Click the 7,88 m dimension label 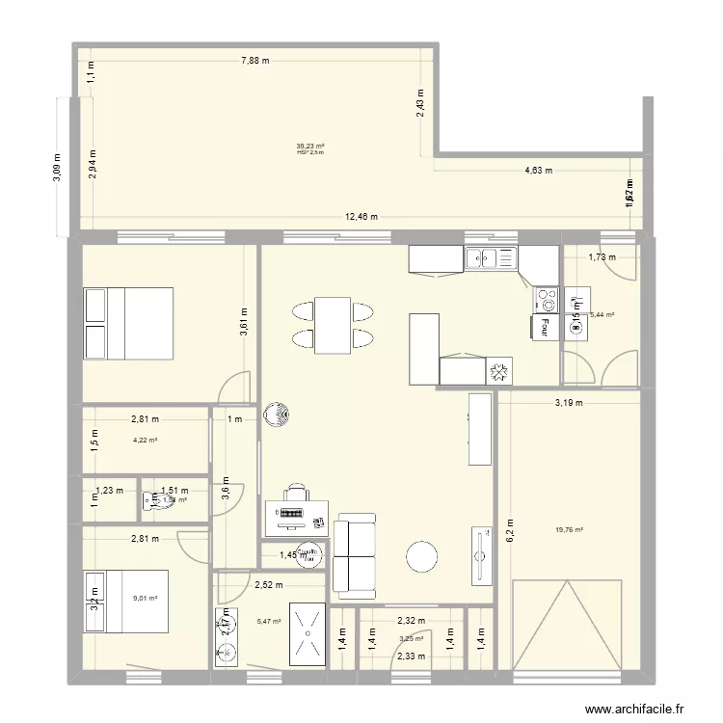(x=254, y=61)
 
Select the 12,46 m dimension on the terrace (x=361, y=216)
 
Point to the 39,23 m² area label (x=310, y=147)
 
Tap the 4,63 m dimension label (x=538, y=172)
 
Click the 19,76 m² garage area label (x=570, y=528)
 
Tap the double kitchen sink (x=490, y=257)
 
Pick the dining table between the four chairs (x=333, y=325)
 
